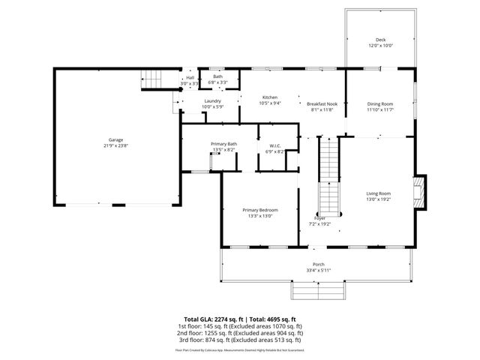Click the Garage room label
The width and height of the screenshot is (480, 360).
115,139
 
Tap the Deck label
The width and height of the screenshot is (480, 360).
380,40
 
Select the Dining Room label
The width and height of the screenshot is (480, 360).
380,103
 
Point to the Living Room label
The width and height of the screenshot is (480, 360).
379,193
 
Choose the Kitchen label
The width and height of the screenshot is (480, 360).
270,97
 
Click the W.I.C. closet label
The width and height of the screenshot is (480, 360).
275,146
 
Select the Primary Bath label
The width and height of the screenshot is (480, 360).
223,144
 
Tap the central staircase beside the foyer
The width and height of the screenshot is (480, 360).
329,175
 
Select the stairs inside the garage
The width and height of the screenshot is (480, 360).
153,78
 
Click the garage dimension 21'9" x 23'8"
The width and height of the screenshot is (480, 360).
115,145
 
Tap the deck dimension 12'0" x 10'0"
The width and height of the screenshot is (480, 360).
380,46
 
